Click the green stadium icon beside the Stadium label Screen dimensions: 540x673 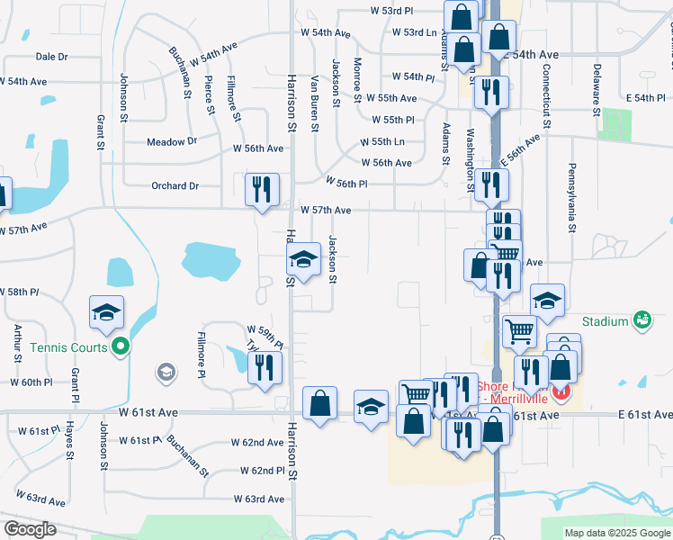pyautogui.click(x=642, y=319)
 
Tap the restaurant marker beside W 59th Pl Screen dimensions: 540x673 pyautogui.click(x=265, y=367)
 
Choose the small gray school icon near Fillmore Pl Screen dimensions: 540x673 pyautogui.click(x=166, y=371)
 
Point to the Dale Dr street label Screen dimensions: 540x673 pyautogui.click(x=51, y=56)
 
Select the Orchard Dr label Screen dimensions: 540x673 pyautogui.click(x=175, y=186)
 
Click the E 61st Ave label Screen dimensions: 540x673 pyautogui.click(x=644, y=414)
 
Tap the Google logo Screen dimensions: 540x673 pyautogui.click(x=30, y=529)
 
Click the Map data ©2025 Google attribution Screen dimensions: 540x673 pyautogui.click(x=616, y=533)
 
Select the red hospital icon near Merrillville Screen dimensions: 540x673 pyautogui.click(x=562, y=393)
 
